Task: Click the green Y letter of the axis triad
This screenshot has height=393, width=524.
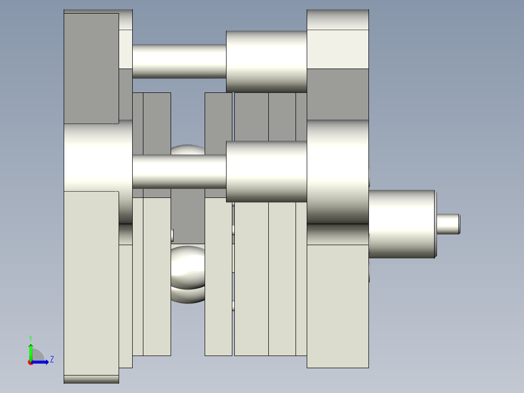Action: pyautogui.click(x=31, y=338)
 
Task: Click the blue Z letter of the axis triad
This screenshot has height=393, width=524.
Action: pyautogui.click(x=52, y=359)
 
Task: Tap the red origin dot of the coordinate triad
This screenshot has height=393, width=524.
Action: pyautogui.click(x=31, y=362)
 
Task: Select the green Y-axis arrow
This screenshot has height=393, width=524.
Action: pyautogui.click(x=31, y=353)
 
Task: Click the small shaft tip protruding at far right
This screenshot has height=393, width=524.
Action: pyautogui.click(x=448, y=224)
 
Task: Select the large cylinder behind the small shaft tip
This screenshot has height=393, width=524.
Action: pyautogui.click(x=402, y=224)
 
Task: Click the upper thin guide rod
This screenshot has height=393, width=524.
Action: pyautogui.click(x=179, y=61)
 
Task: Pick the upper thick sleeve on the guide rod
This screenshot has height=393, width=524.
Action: pyautogui.click(x=266, y=62)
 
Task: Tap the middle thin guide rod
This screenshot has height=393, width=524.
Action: pyautogui.click(x=179, y=171)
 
